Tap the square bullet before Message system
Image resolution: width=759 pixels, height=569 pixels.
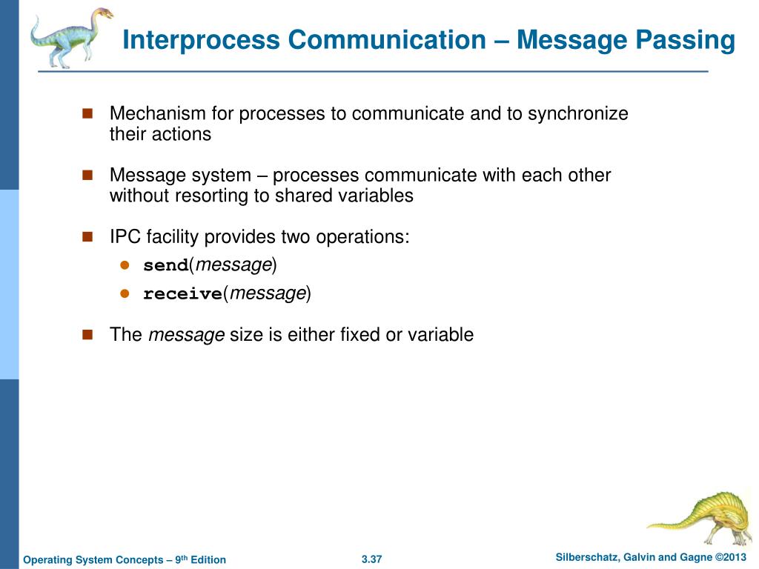pyautogui.click(x=87, y=175)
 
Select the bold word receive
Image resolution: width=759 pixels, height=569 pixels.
pyautogui.click(x=182, y=294)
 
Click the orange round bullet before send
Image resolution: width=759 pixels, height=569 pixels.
pyautogui.click(x=125, y=265)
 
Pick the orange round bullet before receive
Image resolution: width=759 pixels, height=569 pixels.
pyautogui.click(x=125, y=294)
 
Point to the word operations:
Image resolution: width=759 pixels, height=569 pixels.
pyautogui.click(x=362, y=237)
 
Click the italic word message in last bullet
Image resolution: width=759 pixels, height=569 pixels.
pyautogui.click(x=186, y=335)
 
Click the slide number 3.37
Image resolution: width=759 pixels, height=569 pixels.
pyautogui.click(x=371, y=559)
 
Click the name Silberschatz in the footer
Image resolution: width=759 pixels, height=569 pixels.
pyautogui.click(x=589, y=557)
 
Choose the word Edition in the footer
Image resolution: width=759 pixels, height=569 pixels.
pyautogui.click(x=208, y=559)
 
